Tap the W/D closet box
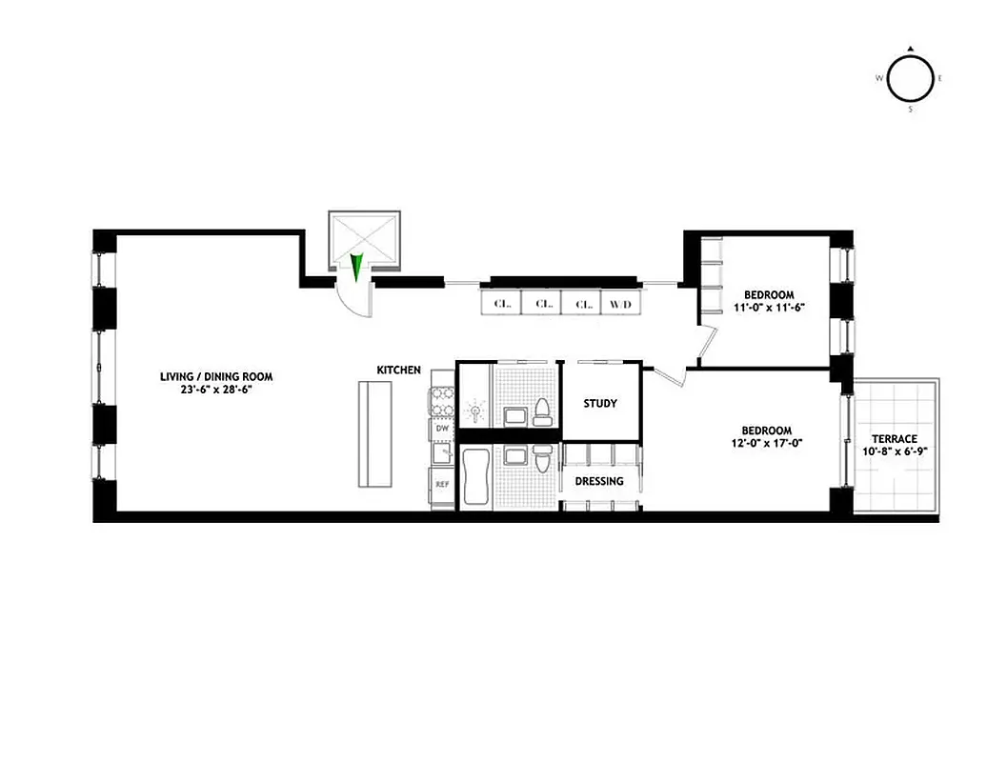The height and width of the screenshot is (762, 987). pos(620,304)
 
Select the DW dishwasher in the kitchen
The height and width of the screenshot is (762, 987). pos(442,430)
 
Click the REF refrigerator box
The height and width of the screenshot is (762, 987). pos(442,484)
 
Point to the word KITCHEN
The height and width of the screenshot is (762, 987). pos(398,370)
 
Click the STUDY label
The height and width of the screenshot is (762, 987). pos(600,403)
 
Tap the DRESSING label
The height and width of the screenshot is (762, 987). pos(599,481)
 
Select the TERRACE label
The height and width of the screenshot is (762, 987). pos(895,439)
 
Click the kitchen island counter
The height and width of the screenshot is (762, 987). pos(374,433)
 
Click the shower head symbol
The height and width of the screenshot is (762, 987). pos(473,411)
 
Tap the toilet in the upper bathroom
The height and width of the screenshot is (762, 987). pos(542,411)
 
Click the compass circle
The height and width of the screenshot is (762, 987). pos(910,82)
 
